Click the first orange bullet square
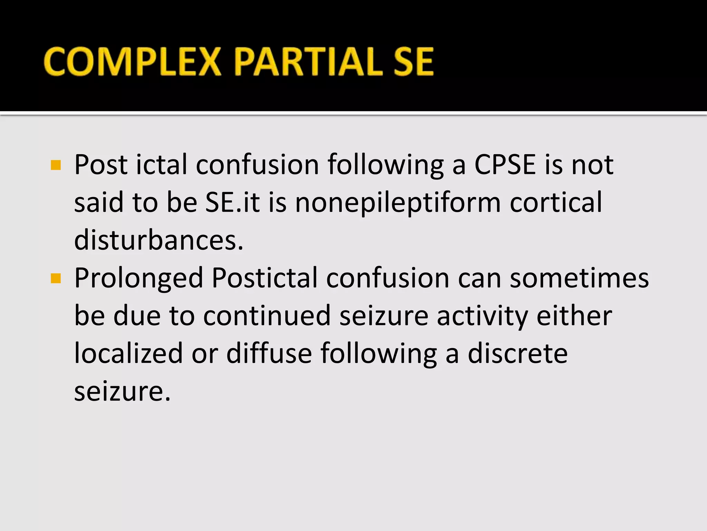point(56,165)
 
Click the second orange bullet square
point(56,278)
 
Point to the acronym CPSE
point(505,165)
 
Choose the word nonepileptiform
point(398,203)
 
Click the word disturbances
point(159,240)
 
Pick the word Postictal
point(264,278)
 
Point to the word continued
point(267,316)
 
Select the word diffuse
point(269,353)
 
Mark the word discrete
point(517,353)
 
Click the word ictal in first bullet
point(162,165)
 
